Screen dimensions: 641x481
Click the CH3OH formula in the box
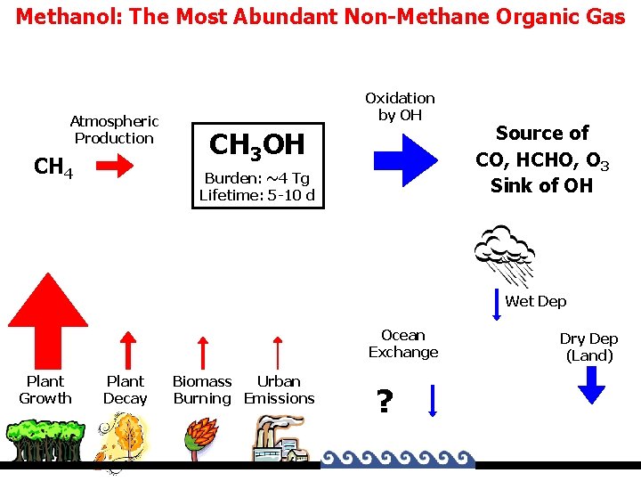(256, 145)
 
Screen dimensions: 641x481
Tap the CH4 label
(53, 167)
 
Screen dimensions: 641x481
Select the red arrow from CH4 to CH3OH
(114, 167)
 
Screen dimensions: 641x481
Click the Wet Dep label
(535, 301)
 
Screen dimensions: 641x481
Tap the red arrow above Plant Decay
(127, 349)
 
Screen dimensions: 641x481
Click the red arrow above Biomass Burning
(202, 351)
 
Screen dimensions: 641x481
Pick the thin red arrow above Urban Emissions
(280, 351)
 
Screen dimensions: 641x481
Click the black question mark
(384, 403)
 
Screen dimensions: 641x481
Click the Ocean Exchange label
(403, 344)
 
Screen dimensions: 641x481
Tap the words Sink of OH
(541, 185)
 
